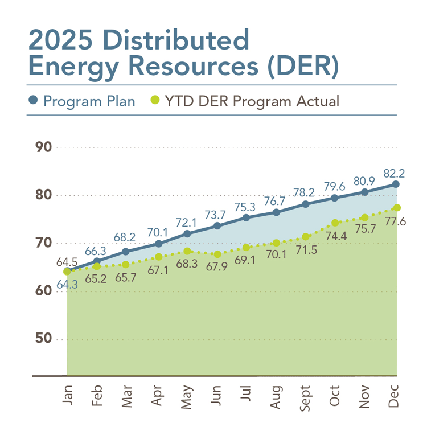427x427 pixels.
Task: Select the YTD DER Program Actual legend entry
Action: point(245,102)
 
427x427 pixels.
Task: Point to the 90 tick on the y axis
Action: point(44,147)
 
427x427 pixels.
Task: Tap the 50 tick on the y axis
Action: point(44,339)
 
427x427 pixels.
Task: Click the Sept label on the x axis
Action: point(306,394)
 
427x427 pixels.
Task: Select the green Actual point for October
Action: point(335,223)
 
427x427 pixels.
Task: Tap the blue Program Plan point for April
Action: point(158,244)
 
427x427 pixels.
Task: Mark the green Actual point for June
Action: point(217,254)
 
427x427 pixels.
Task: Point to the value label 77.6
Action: point(395,221)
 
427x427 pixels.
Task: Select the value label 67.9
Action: point(217,268)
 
